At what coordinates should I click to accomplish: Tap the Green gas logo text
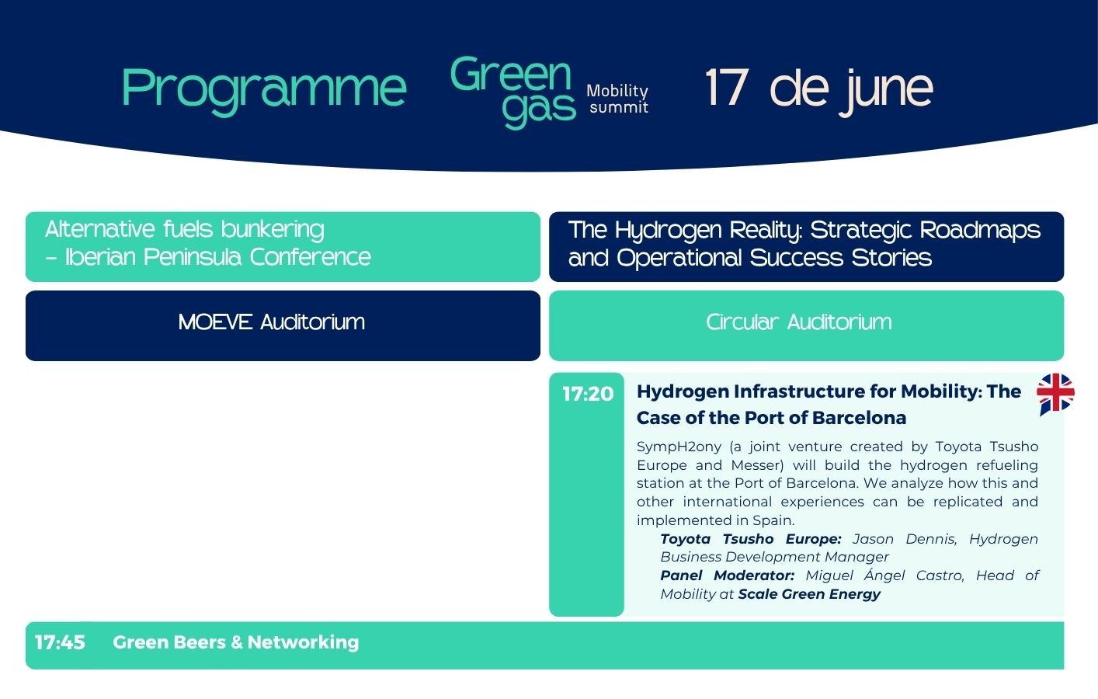[513, 92]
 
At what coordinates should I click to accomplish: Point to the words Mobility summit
[617, 99]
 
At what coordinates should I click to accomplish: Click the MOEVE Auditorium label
[272, 322]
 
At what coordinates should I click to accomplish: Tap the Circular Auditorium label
[798, 322]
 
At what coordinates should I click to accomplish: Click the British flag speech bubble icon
[1055, 394]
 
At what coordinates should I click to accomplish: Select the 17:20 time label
[588, 394]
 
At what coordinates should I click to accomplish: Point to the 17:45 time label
[60, 642]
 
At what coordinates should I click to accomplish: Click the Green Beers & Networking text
[236, 642]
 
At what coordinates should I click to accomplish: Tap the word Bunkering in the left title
[273, 230]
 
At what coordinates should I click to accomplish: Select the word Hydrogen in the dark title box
[668, 231]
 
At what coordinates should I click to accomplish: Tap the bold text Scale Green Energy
[809, 594]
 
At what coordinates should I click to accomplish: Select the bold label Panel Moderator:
[728, 576]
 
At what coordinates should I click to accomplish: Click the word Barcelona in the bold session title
[859, 418]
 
